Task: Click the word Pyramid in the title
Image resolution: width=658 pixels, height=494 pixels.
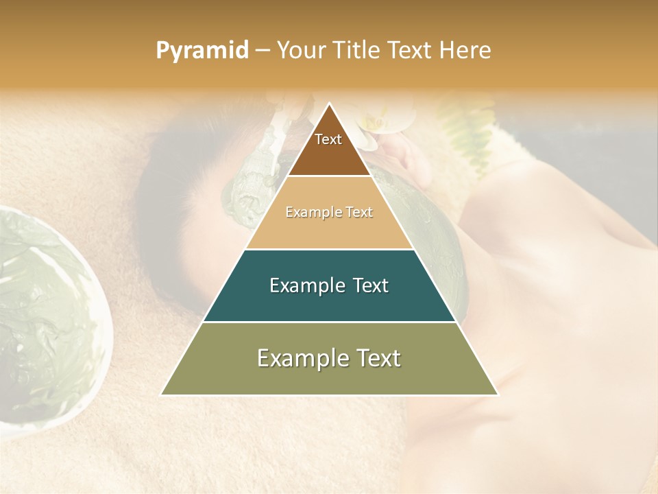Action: click(202, 51)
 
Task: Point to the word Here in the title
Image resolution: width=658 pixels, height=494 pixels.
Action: click(465, 51)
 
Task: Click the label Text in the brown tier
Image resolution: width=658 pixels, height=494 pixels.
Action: click(328, 139)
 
